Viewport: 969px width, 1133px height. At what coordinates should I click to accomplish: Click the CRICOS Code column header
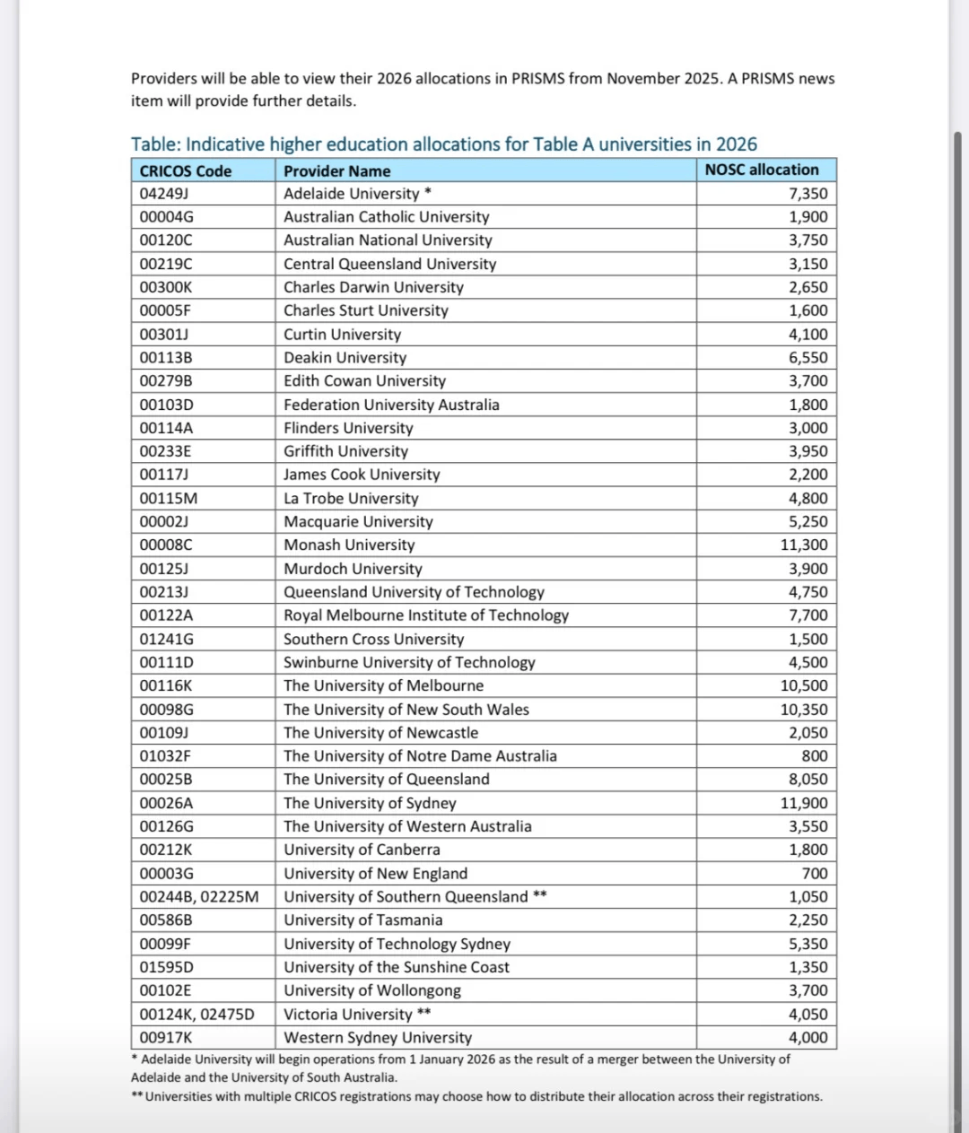pos(186,170)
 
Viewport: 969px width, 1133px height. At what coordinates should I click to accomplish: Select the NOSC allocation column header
pos(762,170)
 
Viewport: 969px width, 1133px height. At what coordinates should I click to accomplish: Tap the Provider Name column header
pos(337,170)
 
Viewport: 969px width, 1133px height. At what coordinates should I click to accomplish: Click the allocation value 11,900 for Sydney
pos(804,803)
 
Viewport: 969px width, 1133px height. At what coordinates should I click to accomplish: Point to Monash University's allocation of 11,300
pos(804,545)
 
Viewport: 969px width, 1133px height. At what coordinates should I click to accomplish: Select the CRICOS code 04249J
pos(163,194)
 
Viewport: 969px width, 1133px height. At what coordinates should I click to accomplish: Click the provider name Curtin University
pos(343,335)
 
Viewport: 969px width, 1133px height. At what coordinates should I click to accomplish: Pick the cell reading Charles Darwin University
pos(373,287)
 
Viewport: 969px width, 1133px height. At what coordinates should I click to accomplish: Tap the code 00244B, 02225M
pos(199,896)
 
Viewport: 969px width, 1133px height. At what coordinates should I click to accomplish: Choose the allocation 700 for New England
pos(815,873)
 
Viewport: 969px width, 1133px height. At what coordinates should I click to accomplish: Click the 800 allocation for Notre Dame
pos(815,756)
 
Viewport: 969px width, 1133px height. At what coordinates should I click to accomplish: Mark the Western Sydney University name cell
pos(378,1037)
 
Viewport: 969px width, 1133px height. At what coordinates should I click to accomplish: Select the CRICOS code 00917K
pos(166,1037)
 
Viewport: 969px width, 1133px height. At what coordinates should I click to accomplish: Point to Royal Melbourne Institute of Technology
pos(426,615)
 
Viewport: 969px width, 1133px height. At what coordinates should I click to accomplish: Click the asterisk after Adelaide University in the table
pos(429,192)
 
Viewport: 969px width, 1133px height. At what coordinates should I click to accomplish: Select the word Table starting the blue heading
pos(153,144)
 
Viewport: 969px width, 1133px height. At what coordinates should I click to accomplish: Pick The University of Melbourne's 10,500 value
pos(804,685)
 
